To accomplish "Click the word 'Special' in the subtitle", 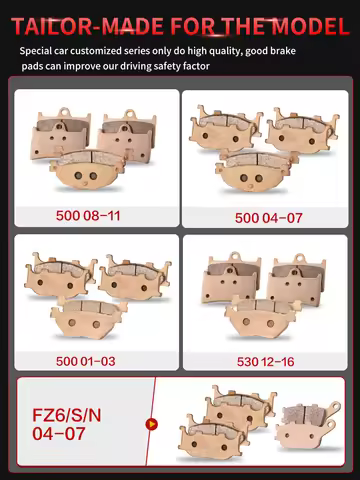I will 39,50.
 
